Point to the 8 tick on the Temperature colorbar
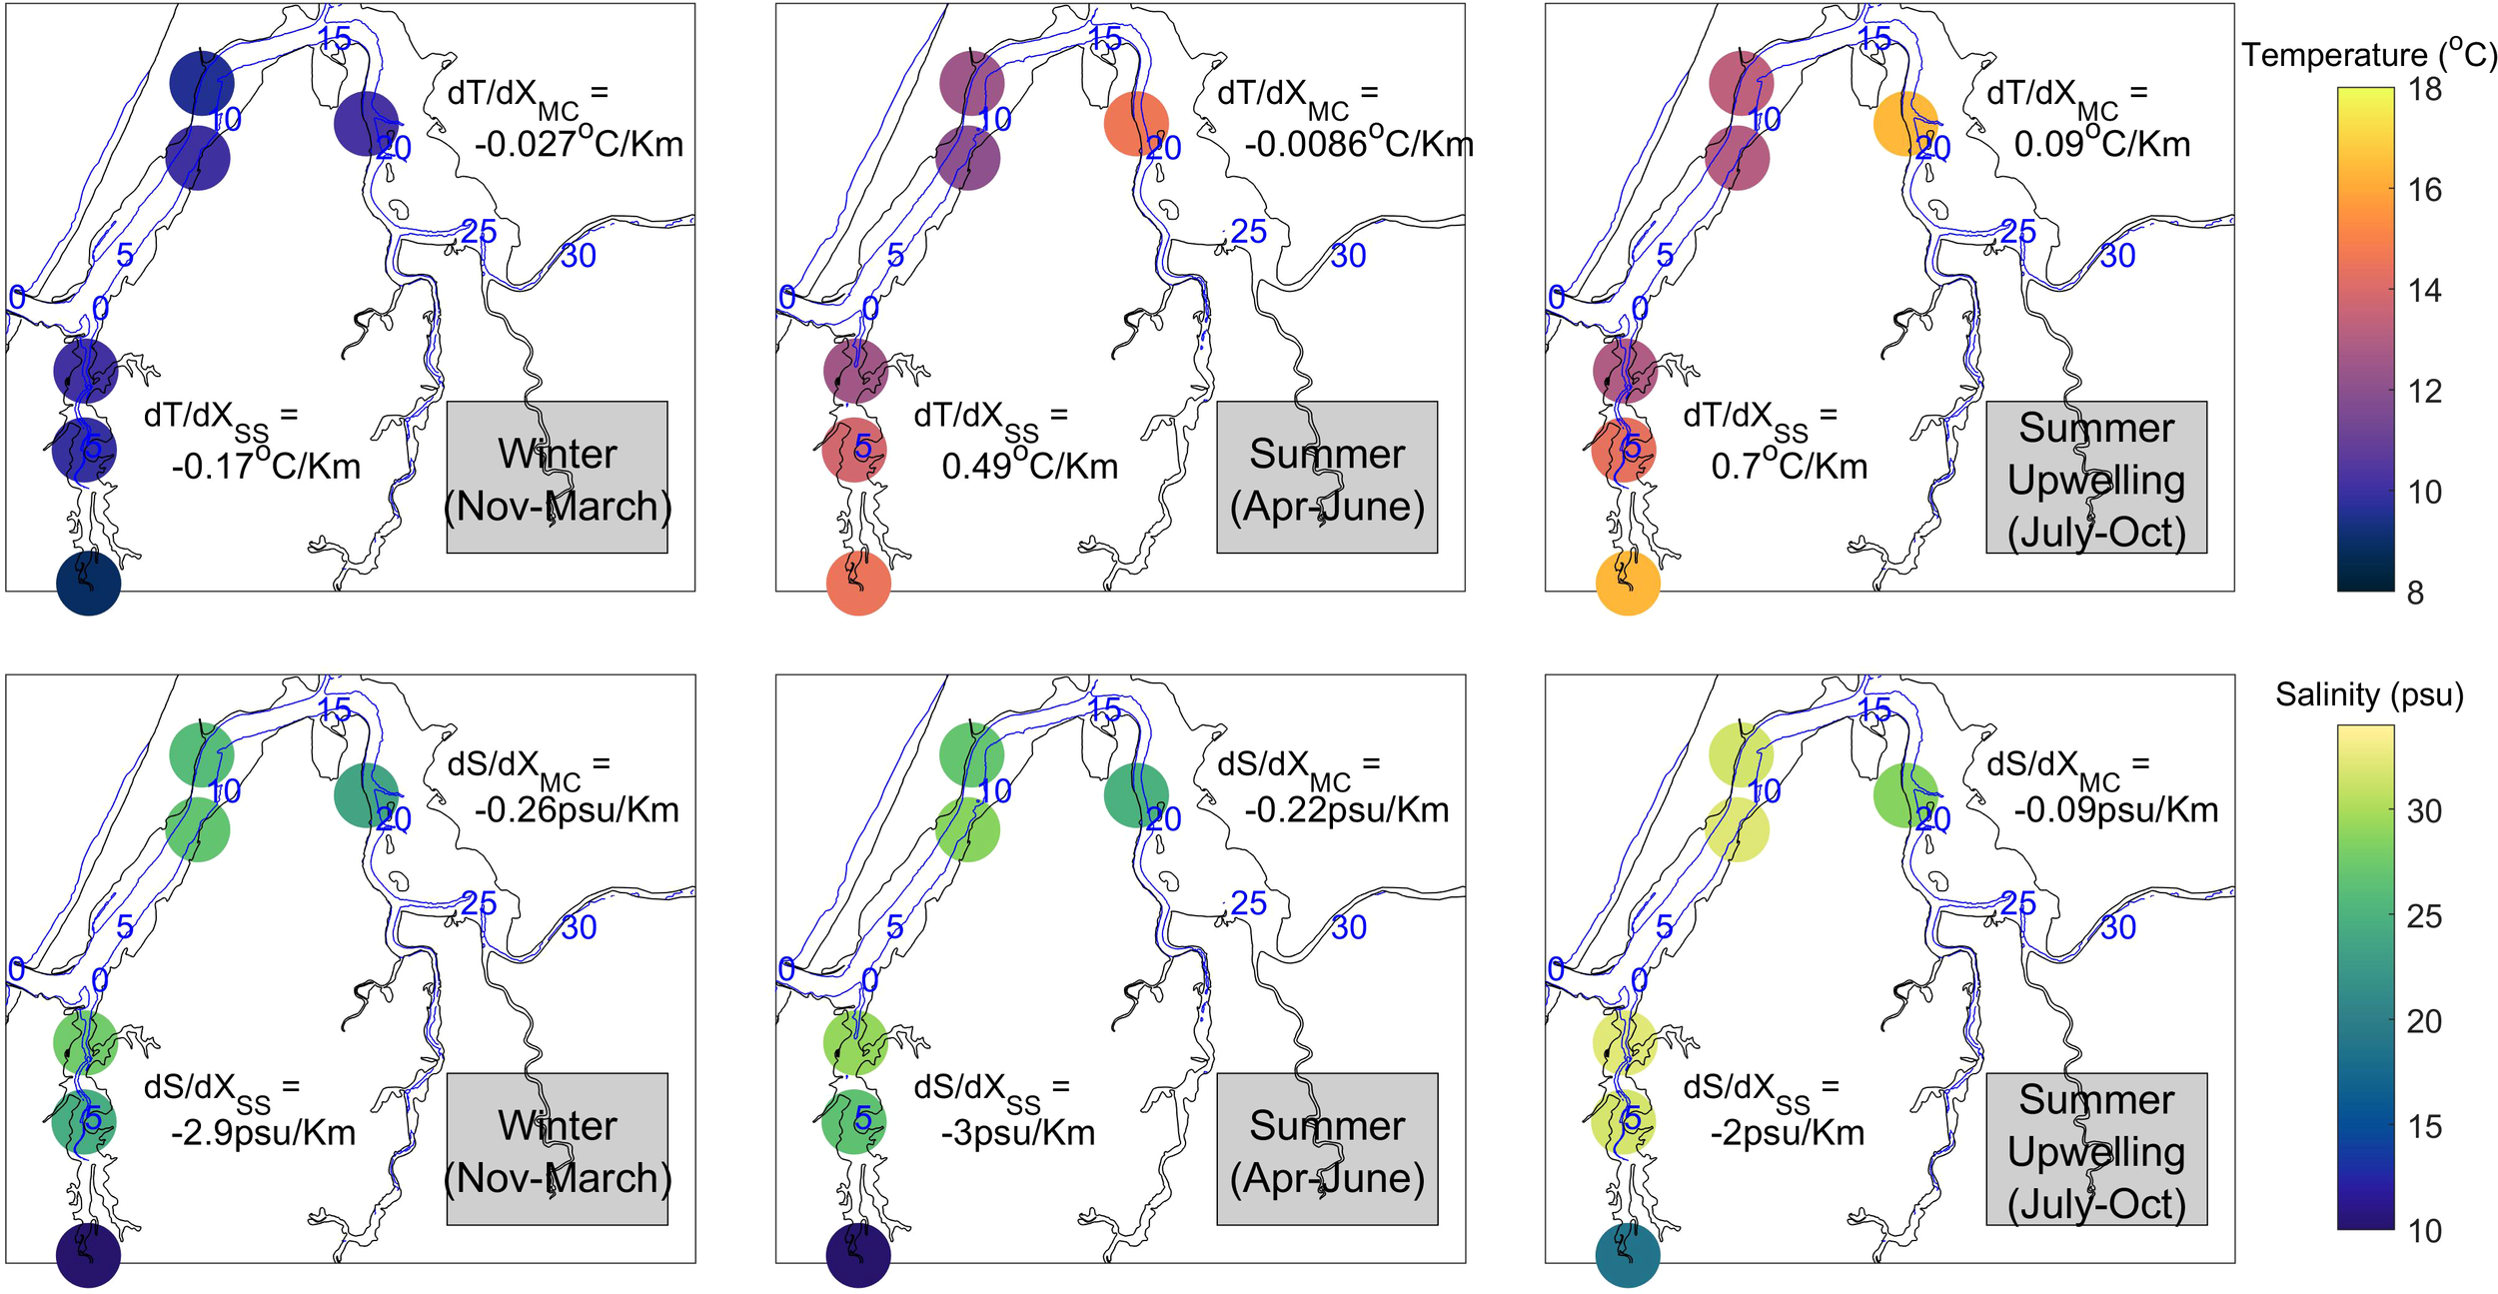pyautogui.click(x=2415, y=593)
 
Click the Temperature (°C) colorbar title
pyautogui.click(x=2368, y=54)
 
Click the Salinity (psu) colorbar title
pyautogui.click(x=2369, y=694)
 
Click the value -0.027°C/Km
pyautogui.click(x=579, y=145)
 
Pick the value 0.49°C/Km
pyautogui.click(x=1029, y=466)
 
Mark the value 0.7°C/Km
pyautogui.click(x=1789, y=466)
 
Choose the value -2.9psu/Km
pyautogui.click(x=263, y=1133)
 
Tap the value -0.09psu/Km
pyautogui.click(x=2116, y=810)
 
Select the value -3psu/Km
pyautogui.click(x=1018, y=1133)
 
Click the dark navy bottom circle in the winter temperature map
pyautogui.click(x=88, y=584)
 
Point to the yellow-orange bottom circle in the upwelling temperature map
pyautogui.click(x=1628, y=584)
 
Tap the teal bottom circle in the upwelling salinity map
pyautogui.click(x=1628, y=1256)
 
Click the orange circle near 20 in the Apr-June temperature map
pyautogui.click(x=1136, y=124)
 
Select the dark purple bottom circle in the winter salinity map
pyautogui.click(x=88, y=1256)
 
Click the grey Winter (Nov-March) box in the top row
pyautogui.click(x=557, y=478)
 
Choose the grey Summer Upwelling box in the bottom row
pyautogui.click(x=2096, y=1149)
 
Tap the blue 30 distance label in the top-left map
pyautogui.click(x=579, y=256)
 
